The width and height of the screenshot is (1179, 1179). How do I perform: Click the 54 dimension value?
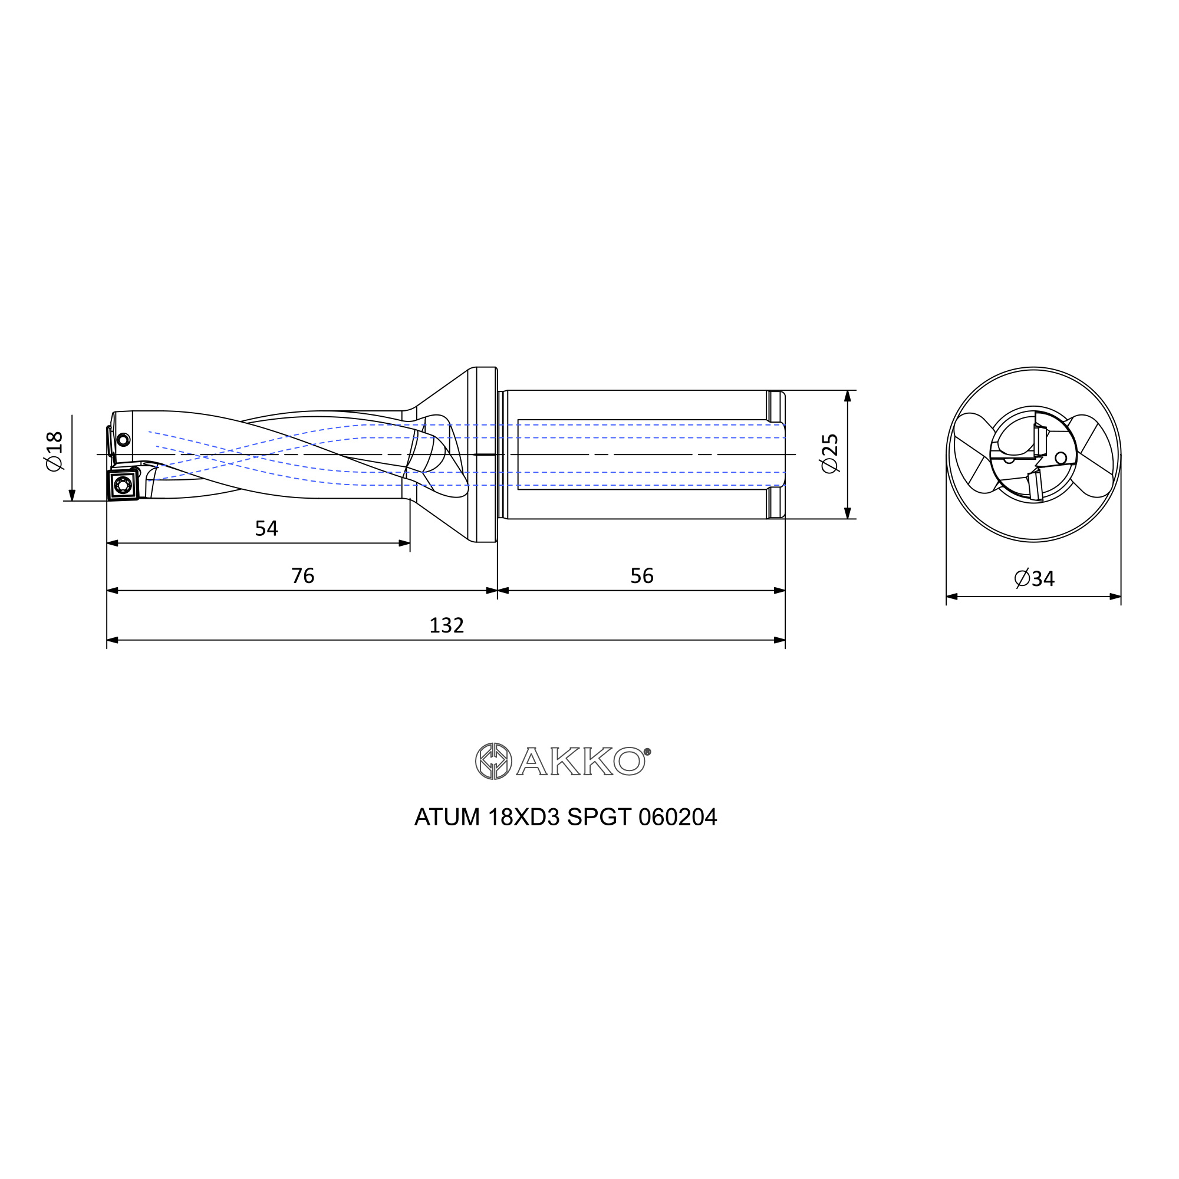(x=266, y=528)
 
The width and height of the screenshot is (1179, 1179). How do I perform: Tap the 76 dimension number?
(x=302, y=576)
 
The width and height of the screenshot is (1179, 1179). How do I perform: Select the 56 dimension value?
(x=642, y=576)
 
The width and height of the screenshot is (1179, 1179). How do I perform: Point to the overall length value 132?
(x=447, y=625)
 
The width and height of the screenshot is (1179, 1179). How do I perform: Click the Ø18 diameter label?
(x=54, y=452)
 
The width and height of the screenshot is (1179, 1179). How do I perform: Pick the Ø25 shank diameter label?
(x=830, y=453)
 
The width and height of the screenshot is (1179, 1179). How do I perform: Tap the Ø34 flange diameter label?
(x=1035, y=578)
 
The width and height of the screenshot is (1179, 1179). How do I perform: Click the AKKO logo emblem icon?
(x=493, y=761)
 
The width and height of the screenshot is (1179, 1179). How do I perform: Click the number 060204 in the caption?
(x=677, y=818)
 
